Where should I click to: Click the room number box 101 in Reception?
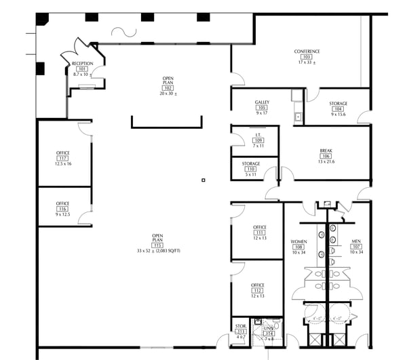click(82, 69)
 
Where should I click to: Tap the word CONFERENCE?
click(307, 52)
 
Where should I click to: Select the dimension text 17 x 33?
click(307, 63)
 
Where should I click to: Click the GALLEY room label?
click(262, 102)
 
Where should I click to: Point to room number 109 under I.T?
click(258, 140)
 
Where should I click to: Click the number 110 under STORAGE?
click(251, 169)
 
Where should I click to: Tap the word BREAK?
click(326, 151)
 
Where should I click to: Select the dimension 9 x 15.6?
click(338, 115)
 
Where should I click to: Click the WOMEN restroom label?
click(298, 241)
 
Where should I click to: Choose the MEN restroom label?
click(356, 241)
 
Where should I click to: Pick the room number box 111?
click(259, 233)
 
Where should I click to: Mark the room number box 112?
click(258, 291)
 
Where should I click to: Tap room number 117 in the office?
click(63, 158)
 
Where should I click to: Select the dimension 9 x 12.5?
click(63, 214)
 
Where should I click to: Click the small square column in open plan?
click(203, 180)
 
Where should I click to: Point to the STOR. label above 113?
click(241, 326)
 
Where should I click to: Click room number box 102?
click(168, 88)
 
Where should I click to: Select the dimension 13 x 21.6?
click(326, 161)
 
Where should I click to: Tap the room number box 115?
click(157, 245)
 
